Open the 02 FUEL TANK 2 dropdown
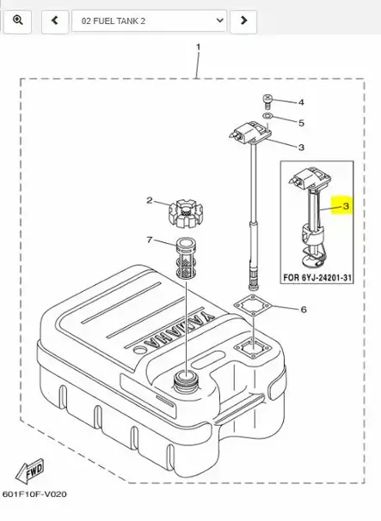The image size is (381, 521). (149, 19)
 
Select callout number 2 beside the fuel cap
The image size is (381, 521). (301, 102)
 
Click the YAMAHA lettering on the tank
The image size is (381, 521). (34, 496)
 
